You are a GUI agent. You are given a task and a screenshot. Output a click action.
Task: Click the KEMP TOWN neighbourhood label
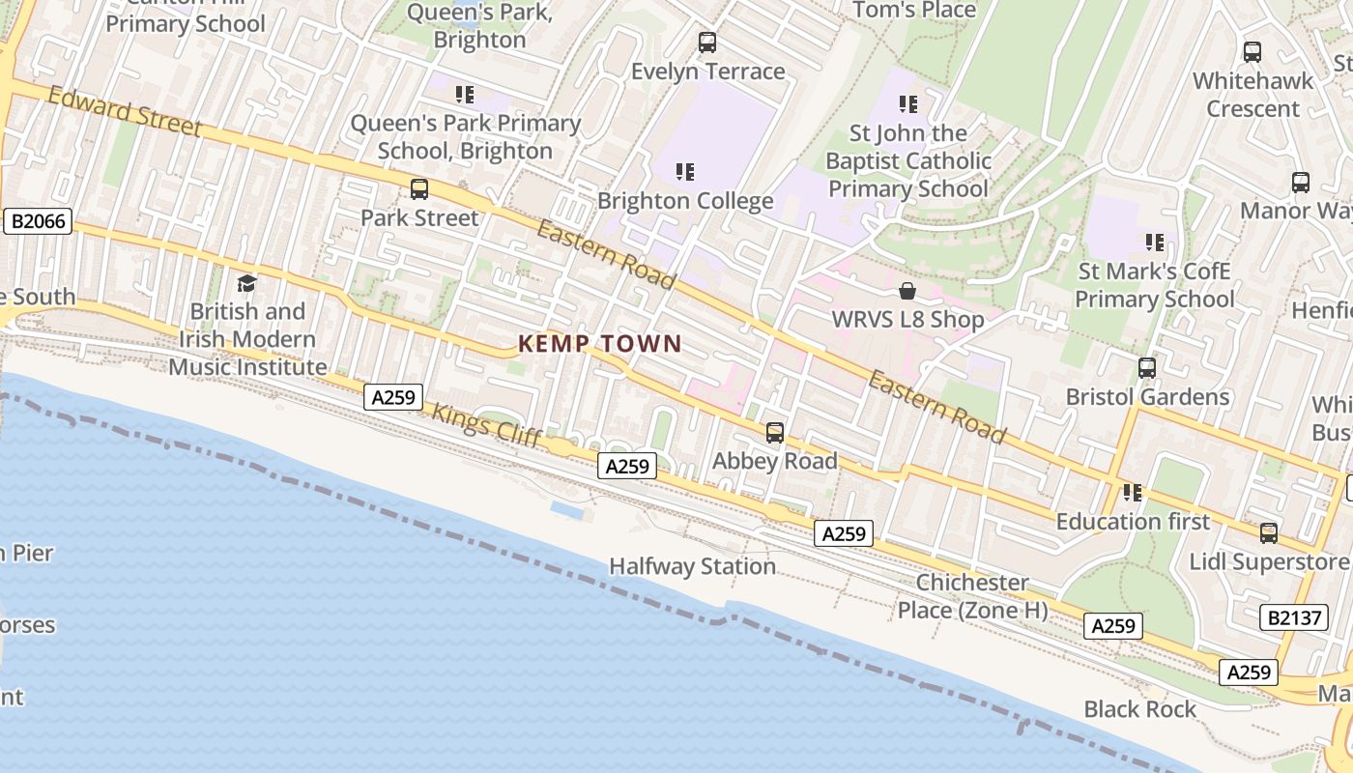[599, 343]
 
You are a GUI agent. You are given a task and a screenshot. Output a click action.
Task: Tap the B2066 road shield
[39, 221]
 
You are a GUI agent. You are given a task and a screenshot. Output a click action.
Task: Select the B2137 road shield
[1294, 617]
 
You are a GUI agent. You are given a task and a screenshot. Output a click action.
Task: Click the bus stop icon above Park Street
[418, 189]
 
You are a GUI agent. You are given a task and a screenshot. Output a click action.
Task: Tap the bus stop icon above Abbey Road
[774, 433]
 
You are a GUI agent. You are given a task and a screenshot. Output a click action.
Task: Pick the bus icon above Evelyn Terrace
[707, 43]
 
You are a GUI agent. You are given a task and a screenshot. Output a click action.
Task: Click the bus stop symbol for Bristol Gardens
[1146, 368]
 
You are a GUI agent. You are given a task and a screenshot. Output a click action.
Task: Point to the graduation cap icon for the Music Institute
[246, 283]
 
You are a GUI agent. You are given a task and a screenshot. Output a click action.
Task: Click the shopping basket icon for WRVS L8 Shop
[907, 291]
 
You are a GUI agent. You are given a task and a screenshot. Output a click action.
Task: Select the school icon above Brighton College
[685, 172]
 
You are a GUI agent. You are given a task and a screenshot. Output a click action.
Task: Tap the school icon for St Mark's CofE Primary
[1154, 243]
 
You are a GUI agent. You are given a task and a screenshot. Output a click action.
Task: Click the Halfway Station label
[692, 566]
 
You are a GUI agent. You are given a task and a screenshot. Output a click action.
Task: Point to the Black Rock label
[1139, 709]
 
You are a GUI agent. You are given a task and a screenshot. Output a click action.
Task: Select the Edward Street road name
[125, 112]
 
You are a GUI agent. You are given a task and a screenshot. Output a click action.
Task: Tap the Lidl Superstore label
[1268, 561]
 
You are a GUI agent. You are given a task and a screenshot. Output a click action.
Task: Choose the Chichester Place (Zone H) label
[972, 596]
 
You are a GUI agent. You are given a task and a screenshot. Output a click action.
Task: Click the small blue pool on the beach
[567, 510]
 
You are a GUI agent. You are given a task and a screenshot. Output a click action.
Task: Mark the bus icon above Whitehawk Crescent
[1252, 52]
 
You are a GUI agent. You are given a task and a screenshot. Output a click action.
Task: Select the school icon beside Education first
[1133, 493]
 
